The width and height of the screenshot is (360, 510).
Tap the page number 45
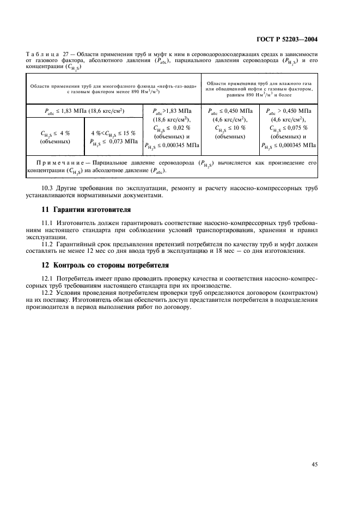(314, 464)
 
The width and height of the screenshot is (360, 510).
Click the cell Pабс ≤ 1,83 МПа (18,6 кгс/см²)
(84, 111)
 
